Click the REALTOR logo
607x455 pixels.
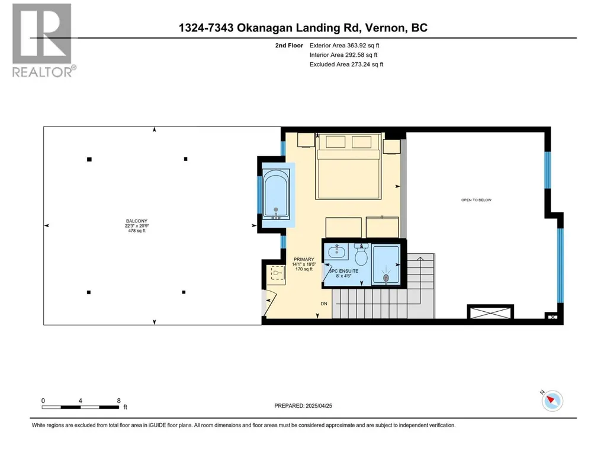(42, 40)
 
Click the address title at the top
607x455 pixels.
(303, 28)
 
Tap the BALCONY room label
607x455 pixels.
(137, 221)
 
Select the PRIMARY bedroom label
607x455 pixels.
(304, 259)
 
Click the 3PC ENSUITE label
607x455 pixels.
(343, 271)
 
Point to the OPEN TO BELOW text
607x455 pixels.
(476, 200)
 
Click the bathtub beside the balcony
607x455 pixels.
(275, 195)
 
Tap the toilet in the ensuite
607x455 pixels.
(361, 253)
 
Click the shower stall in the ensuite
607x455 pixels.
(386, 266)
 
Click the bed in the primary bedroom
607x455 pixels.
(348, 166)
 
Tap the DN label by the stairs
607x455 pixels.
(324, 304)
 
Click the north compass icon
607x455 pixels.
(553, 401)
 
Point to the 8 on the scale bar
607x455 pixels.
(119, 401)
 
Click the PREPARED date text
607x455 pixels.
(303, 406)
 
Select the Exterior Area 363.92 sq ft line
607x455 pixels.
(345, 46)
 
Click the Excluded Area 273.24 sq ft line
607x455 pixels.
(346, 64)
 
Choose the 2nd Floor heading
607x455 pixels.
(289, 46)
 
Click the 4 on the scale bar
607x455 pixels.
(80, 401)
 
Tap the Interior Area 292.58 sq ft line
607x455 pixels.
(343, 55)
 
